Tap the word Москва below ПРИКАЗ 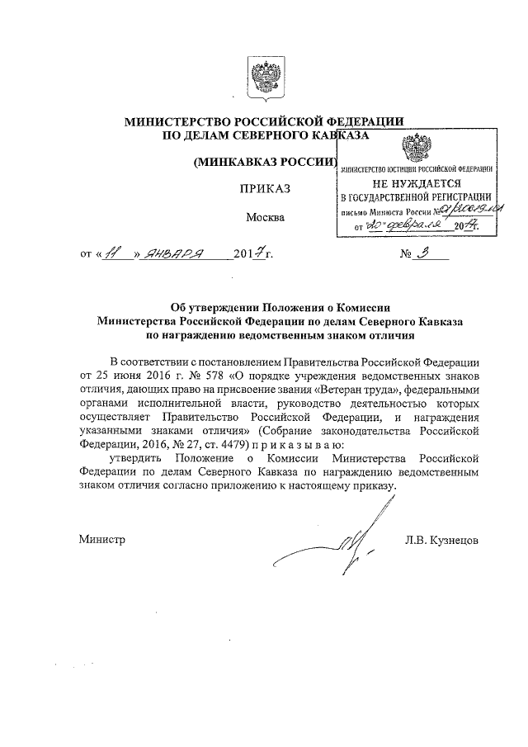(265, 218)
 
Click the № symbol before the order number (406, 255)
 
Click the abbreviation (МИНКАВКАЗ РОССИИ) (265, 162)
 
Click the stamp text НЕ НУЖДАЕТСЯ (417, 182)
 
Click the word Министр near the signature (102, 540)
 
